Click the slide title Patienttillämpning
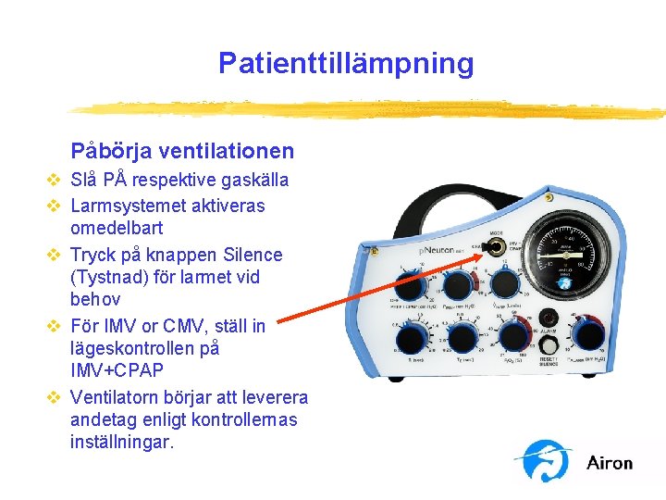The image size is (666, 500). (346, 63)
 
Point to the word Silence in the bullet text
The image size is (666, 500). (250, 254)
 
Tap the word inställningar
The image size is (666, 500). (122, 443)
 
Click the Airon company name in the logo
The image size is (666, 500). (610, 463)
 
